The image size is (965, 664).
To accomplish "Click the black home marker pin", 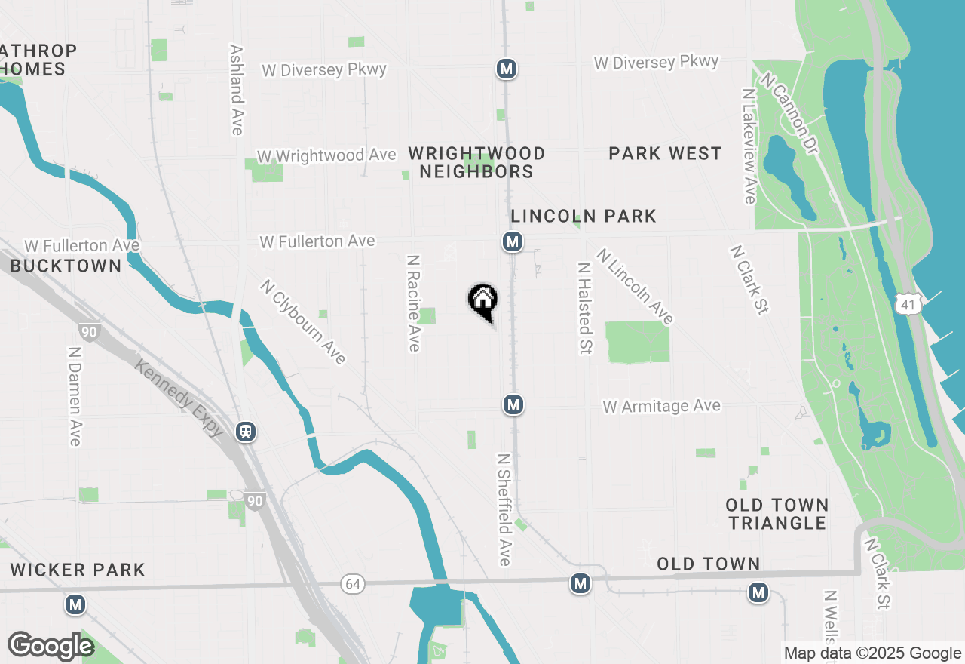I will (482, 300).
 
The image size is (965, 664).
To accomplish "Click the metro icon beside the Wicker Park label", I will (75, 604).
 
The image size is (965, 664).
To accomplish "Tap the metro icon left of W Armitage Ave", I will (513, 404).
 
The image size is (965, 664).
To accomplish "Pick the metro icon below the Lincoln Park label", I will (513, 241).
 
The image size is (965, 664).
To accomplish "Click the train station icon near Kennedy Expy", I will (246, 432).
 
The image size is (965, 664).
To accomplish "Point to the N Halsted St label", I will (584, 308).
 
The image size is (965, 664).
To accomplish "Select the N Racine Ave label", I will (413, 303).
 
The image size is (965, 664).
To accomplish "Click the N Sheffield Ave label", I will (504, 509).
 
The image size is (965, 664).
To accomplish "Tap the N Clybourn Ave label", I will (303, 321).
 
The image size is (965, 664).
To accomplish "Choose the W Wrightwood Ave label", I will (326, 156).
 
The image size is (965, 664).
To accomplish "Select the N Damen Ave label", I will (75, 396).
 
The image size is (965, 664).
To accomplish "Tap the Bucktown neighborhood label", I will (66, 266).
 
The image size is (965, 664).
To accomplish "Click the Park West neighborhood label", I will (665, 154).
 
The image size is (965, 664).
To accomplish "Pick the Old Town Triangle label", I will (777, 514).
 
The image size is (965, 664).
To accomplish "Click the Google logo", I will (51, 646).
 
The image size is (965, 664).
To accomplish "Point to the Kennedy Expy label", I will (179, 398).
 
